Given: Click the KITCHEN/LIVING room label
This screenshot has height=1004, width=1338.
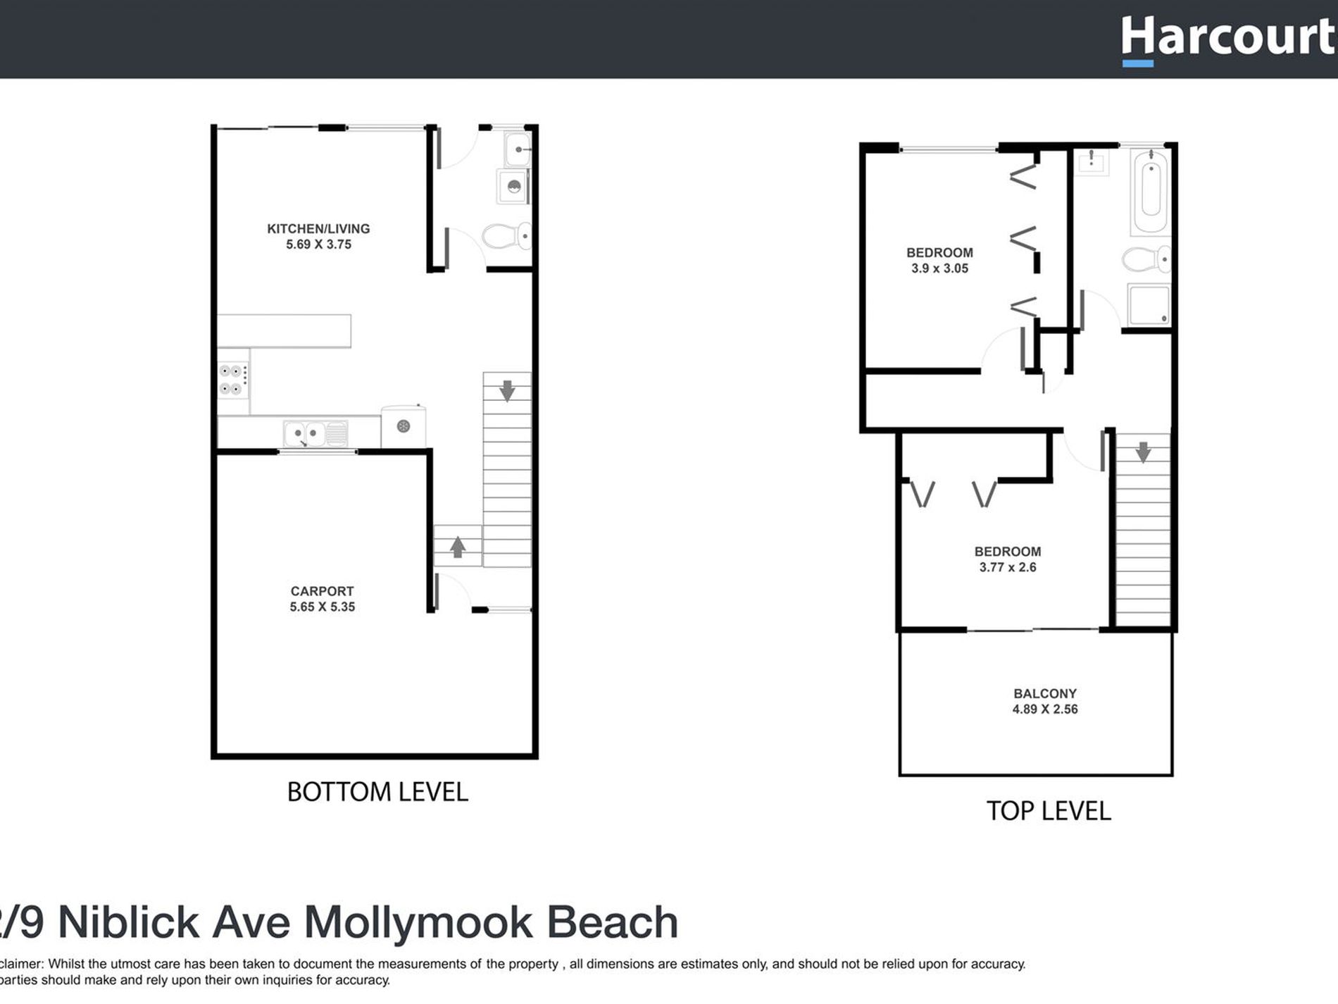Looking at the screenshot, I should coord(318,228).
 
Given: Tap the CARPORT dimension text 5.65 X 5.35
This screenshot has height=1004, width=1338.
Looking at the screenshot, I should coord(322,607).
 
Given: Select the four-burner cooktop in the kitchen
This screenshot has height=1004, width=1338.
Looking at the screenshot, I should coord(232,380).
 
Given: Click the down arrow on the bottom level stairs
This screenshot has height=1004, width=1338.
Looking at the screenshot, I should coord(507,390).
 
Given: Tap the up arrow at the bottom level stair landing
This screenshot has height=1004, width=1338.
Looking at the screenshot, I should coord(458,547).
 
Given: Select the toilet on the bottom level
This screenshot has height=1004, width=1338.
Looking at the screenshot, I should coord(506,236).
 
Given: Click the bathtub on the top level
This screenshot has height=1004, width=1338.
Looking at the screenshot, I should coord(1151,189).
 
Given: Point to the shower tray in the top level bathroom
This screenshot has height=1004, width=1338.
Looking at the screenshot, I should coord(1148,304).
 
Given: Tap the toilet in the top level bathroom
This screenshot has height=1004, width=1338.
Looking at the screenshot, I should coord(1145,259).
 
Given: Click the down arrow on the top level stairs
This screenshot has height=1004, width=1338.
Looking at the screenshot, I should coord(1143,452).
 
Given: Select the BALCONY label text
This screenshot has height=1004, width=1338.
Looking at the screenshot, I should coord(1045,693).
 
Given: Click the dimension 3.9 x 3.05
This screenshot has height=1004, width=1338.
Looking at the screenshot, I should coord(939,268).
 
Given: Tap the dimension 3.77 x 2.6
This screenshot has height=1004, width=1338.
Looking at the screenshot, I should coord(1007,567).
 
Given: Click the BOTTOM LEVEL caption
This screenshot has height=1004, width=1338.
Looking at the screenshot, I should coord(377,792).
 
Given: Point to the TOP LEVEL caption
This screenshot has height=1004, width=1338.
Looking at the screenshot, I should coord(1048,811).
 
